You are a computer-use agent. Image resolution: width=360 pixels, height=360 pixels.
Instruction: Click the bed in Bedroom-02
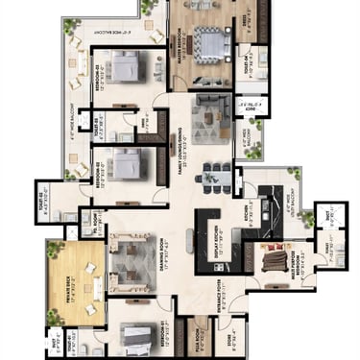(x=126, y=162)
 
